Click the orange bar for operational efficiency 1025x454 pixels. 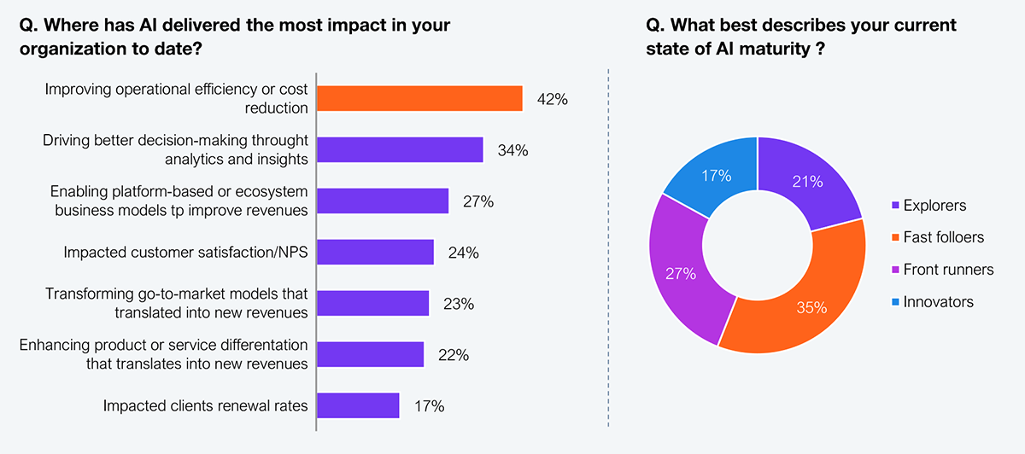pos(419,99)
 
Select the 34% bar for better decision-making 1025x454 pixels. pos(400,150)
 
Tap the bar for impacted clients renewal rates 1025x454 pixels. pos(358,406)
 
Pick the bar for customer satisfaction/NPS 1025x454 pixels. pos(375,253)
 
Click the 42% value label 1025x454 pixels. pos(553,100)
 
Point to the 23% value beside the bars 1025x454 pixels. pos(458,304)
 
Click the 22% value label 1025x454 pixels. pos(453,355)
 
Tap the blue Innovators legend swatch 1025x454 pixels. pos(893,302)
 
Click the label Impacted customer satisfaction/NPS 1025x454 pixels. pos(185,253)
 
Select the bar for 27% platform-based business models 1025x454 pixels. pos(383,201)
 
